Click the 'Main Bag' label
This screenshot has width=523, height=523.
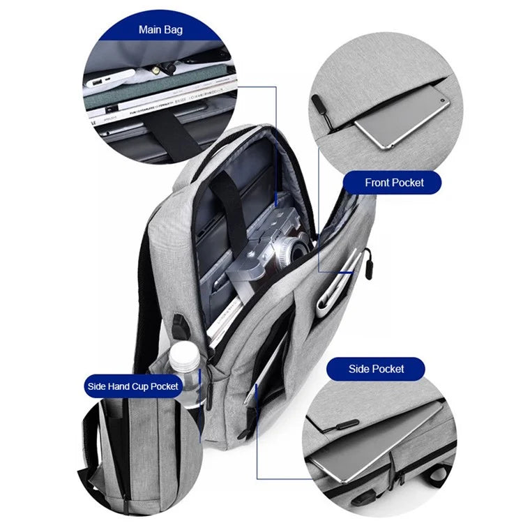point(160,30)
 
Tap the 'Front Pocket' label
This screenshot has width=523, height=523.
point(394,183)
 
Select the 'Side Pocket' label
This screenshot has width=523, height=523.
point(377,369)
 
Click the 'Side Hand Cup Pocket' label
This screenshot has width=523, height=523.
point(132,386)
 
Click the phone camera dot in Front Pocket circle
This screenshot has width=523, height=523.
point(443,100)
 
